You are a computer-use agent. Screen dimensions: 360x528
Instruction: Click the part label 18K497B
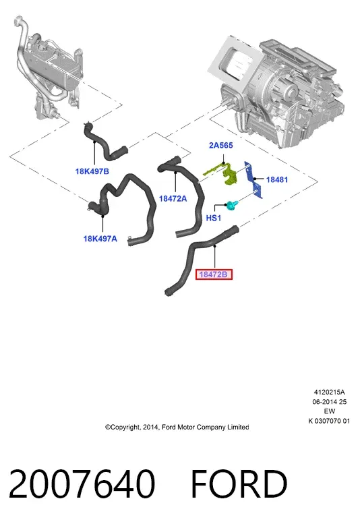92,171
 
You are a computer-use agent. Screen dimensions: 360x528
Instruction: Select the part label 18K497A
100,239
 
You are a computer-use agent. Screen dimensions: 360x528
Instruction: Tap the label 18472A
173,199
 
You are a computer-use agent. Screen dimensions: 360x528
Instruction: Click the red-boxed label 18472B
214,274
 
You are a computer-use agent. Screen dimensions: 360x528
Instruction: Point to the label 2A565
221,145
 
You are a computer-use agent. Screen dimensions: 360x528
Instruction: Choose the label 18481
277,179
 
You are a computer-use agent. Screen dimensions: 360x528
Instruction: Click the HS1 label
214,218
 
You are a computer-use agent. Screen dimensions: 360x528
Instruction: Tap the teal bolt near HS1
233,205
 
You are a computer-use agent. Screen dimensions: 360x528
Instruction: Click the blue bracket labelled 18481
253,180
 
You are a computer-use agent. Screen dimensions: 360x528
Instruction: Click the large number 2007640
82,483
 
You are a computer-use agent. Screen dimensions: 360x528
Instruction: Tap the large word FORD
239,483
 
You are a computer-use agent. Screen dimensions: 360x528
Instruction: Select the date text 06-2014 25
330,402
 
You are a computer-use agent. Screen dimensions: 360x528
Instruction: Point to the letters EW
330,411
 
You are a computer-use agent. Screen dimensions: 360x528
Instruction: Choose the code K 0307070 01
330,421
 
